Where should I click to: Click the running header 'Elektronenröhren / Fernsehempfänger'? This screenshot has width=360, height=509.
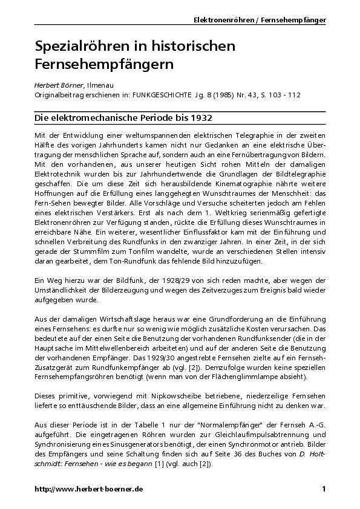[x=260, y=20]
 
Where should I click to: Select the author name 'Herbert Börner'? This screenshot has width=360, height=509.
[x=56, y=86]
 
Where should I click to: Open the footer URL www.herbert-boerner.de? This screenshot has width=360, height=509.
[x=88, y=488]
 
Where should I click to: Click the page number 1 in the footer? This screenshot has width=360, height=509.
[x=324, y=488]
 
